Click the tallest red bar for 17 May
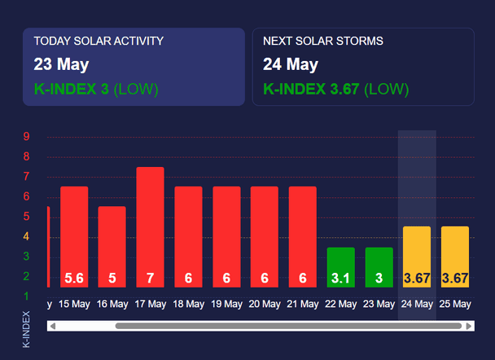pos(150,227)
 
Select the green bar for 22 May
pos(341,267)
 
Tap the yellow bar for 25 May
pos(455,257)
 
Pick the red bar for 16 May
pos(112,247)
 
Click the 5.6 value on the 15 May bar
pos(74,279)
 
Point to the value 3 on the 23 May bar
pos(379,279)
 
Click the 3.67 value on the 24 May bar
pos(417,279)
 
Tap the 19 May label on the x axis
pos(226,304)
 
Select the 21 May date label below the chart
pos(303,304)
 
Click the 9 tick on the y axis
pos(27,136)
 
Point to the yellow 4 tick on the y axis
pos(26,236)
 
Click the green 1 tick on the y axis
pos(26,296)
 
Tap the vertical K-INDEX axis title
pos(26,329)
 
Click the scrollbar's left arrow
pos(53,326)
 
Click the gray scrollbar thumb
pos(288,326)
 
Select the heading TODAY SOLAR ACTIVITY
pos(99,41)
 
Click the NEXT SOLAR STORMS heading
pos(323,41)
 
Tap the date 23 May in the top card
pos(61,64)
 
